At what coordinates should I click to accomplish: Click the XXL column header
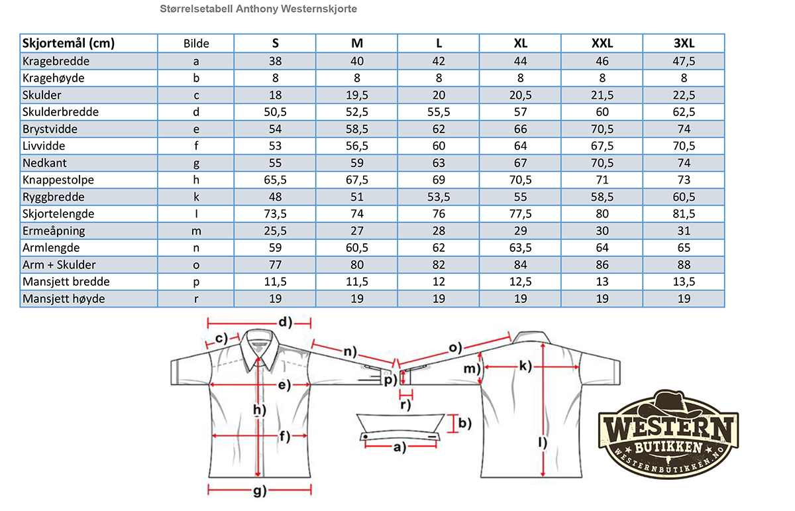(602, 43)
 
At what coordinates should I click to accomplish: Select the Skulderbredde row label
(60, 112)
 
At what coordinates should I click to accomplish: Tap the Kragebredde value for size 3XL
(684, 61)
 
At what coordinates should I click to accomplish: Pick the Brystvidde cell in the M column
(356, 129)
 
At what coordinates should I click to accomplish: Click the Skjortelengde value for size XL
(520, 214)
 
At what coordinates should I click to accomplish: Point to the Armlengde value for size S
(275, 247)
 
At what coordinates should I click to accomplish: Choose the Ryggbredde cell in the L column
(439, 197)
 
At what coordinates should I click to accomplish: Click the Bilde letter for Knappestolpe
(196, 180)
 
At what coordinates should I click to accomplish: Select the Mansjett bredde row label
(66, 282)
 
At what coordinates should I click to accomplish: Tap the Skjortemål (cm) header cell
(68, 43)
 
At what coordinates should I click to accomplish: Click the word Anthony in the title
(257, 9)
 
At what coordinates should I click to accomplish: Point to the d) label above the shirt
(286, 322)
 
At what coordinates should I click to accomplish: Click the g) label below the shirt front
(260, 491)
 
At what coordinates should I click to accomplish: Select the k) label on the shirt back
(525, 366)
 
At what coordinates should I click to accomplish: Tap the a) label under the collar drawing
(399, 447)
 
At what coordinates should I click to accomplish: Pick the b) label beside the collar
(465, 424)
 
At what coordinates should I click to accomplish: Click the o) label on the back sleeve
(455, 347)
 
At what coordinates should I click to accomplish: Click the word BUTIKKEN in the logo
(668, 448)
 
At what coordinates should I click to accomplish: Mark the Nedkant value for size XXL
(602, 163)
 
